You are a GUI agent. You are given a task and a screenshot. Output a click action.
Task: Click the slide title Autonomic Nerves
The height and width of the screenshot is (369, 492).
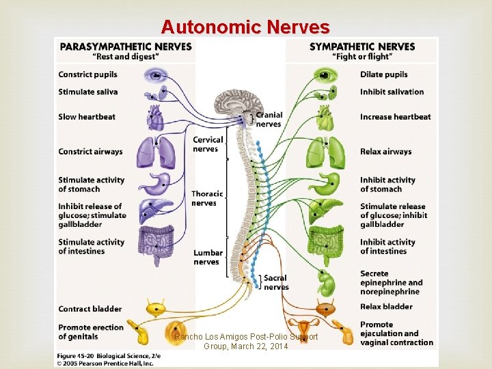(245, 27)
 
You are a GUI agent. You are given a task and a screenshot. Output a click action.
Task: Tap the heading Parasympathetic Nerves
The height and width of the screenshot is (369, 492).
(126, 46)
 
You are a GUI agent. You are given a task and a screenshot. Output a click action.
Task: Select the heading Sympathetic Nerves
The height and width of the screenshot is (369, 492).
(362, 46)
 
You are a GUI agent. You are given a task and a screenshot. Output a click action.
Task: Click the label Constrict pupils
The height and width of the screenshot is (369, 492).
(87, 74)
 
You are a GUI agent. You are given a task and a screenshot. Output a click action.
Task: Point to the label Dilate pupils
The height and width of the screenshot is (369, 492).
(383, 74)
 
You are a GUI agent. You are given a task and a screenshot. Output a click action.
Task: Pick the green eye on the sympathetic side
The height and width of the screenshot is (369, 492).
(322, 74)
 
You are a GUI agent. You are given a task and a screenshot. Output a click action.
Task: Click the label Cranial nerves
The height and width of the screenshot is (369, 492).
(268, 120)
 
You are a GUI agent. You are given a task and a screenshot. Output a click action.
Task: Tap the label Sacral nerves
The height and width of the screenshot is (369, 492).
(276, 282)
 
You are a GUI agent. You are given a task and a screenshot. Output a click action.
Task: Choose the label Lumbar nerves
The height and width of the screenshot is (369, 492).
(207, 258)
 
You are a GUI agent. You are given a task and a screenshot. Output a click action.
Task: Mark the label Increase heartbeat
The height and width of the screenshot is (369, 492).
(395, 117)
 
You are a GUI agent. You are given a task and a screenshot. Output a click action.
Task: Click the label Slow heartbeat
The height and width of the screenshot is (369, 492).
(87, 117)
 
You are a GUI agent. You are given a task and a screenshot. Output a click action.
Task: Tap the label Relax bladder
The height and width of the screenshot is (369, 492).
(386, 306)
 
